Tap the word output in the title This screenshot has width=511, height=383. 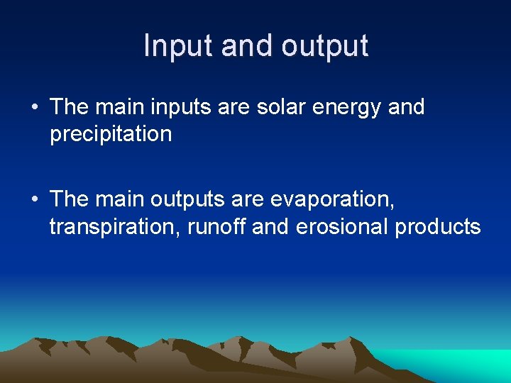[324, 46]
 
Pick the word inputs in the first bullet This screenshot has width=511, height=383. [180, 108]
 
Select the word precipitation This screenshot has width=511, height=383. [111, 134]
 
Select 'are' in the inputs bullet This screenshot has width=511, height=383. [233, 108]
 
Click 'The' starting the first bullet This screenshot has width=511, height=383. [69, 108]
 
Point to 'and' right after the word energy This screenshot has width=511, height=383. [406, 108]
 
